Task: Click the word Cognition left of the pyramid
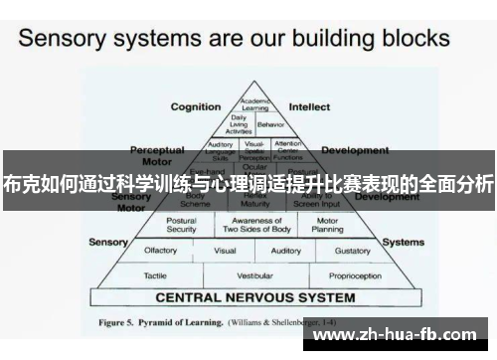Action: (x=196, y=106)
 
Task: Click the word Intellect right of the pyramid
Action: (x=309, y=106)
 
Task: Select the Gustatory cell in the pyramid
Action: (x=353, y=251)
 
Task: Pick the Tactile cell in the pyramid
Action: (x=155, y=274)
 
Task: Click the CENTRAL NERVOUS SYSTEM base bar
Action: (x=254, y=296)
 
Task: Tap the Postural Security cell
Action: (x=181, y=225)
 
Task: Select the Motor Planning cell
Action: (x=327, y=225)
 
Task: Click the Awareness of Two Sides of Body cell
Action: (x=254, y=225)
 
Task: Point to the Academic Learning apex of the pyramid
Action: (x=253, y=102)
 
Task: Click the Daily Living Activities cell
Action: (x=239, y=124)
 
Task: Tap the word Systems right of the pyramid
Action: (x=403, y=242)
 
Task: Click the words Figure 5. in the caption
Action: (x=121, y=322)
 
